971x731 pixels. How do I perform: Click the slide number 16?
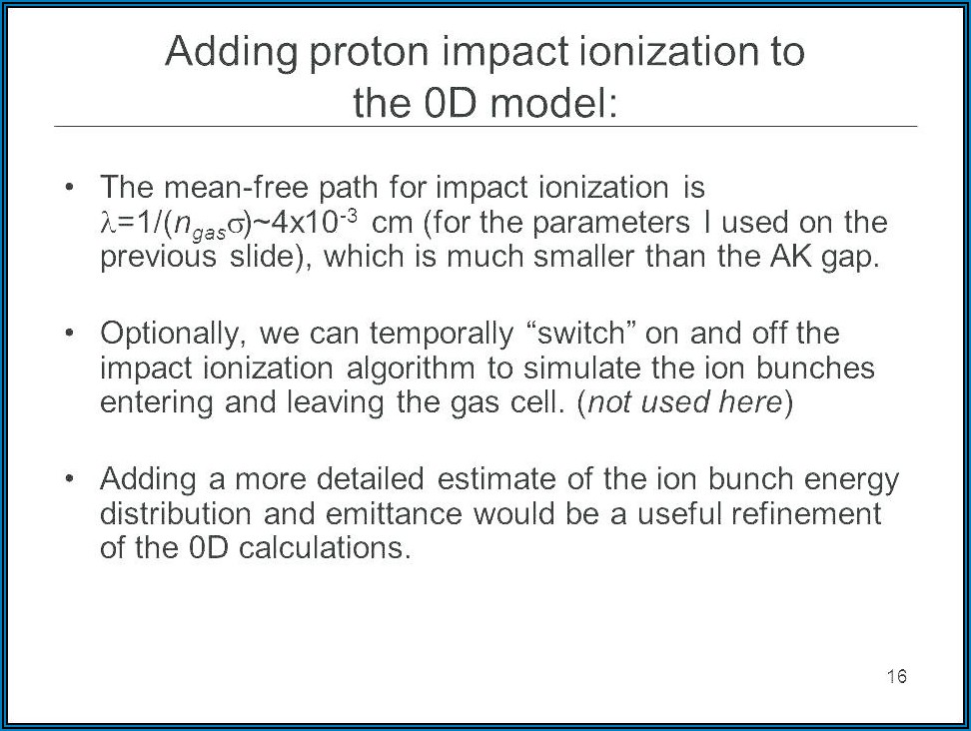click(x=897, y=676)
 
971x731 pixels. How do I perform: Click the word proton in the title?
click(x=369, y=53)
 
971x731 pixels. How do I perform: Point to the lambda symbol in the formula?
click(x=108, y=223)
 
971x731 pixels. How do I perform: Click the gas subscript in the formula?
click(x=208, y=233)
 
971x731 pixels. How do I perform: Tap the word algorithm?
click(x=411, y=369)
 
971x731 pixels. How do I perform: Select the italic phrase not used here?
click(x=685, y=402)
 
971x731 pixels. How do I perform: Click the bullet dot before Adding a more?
click(x=69, y=478)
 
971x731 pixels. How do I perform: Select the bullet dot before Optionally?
click(x=69, y=333)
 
